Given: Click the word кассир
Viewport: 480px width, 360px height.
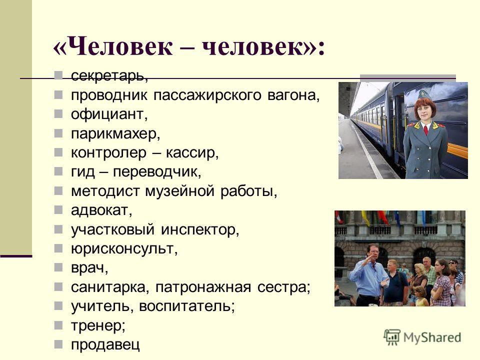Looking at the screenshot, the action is click(x=192, y=152).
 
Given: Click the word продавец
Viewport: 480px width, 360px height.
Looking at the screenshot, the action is click(x=105, y=344).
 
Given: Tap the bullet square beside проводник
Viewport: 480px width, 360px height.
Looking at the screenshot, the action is click(x=58, y=95).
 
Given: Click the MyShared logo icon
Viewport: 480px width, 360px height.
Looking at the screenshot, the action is click(x=392, y=337).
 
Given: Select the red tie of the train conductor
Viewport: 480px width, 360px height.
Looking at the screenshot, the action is click(x=426, y=129).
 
